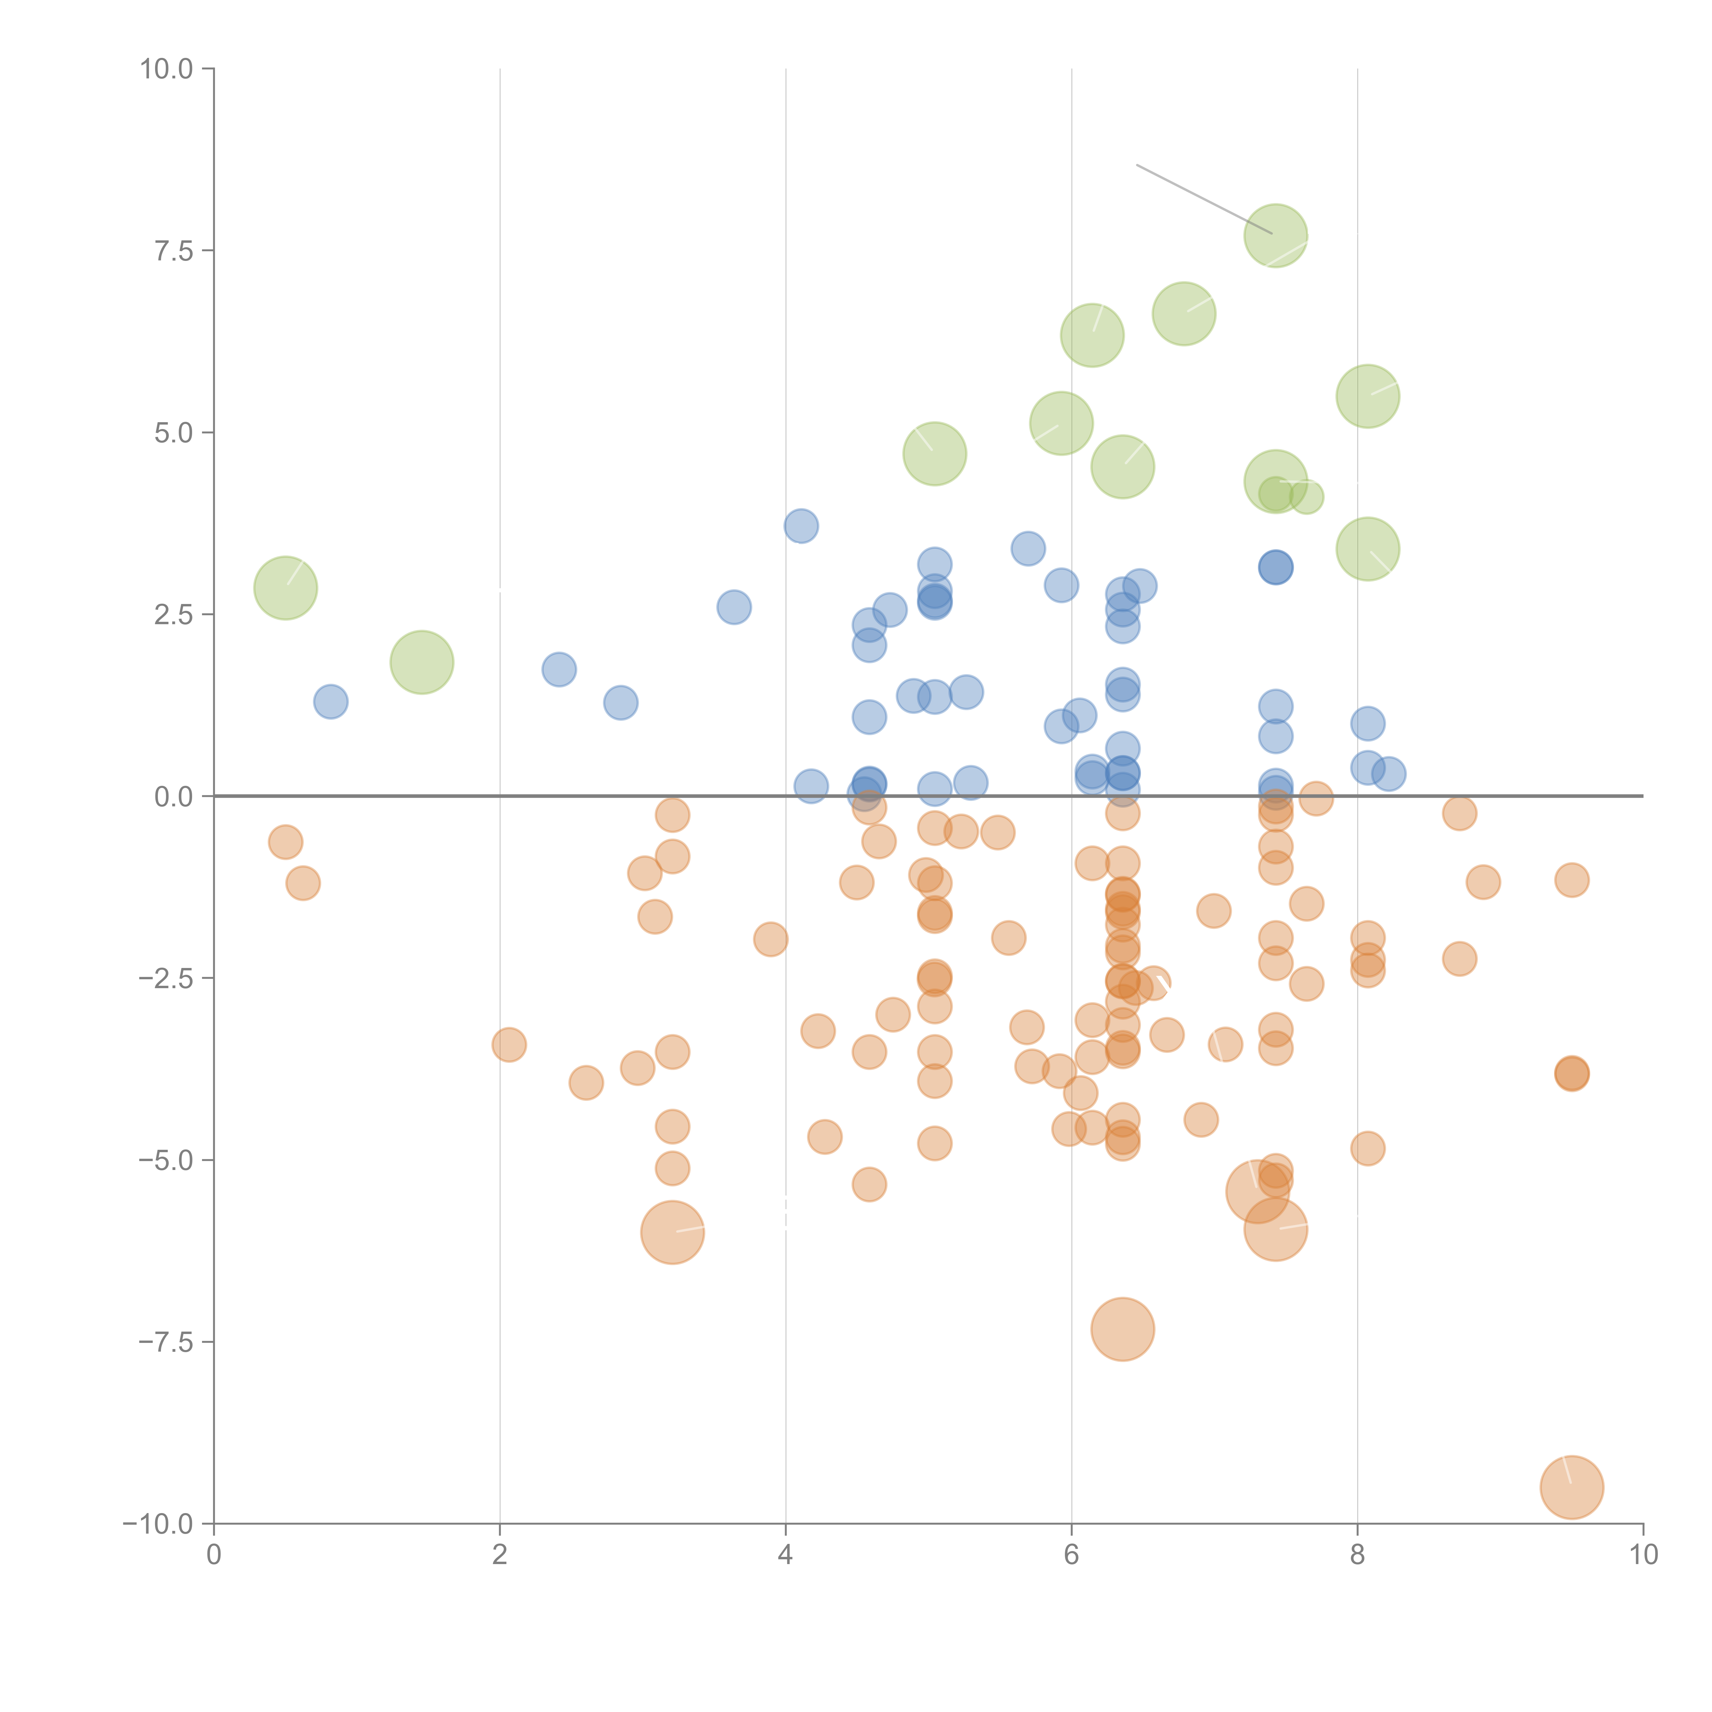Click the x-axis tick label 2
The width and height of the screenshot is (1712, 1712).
click(x=500, y=1555)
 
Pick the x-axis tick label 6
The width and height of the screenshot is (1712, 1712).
click(x=1071, y=1555)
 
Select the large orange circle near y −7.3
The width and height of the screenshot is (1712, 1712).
click(x=1123, y=1329)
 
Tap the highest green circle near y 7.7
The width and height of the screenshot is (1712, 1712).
click(x=1275, y=235)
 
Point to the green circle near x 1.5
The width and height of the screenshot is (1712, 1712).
click(x=422, y=663)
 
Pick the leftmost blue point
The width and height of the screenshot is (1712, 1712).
click(x=330, y=702)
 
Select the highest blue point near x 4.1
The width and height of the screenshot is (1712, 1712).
click(x=801, y=526)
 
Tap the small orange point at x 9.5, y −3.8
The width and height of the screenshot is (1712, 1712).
click(x=1571, y=1074)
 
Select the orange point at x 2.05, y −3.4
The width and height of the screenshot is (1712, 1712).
click(x=509, y=1045)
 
